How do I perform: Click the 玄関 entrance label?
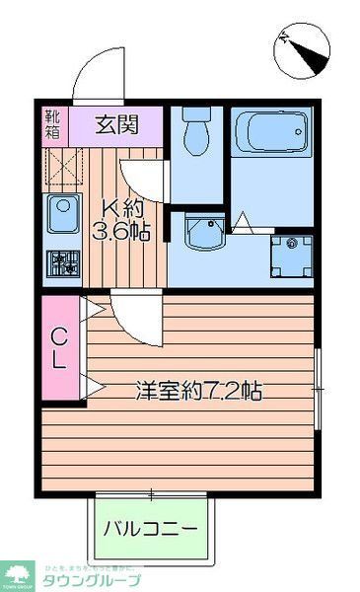pos(115,125)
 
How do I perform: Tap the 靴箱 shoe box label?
pos(52,124)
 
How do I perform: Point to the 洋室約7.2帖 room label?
pos(198,390)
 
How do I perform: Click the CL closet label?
pos(58,347)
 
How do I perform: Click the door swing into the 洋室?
pos(132,318)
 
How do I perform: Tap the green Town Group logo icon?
pos(18,572)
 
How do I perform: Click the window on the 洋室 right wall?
pos(317,388)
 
